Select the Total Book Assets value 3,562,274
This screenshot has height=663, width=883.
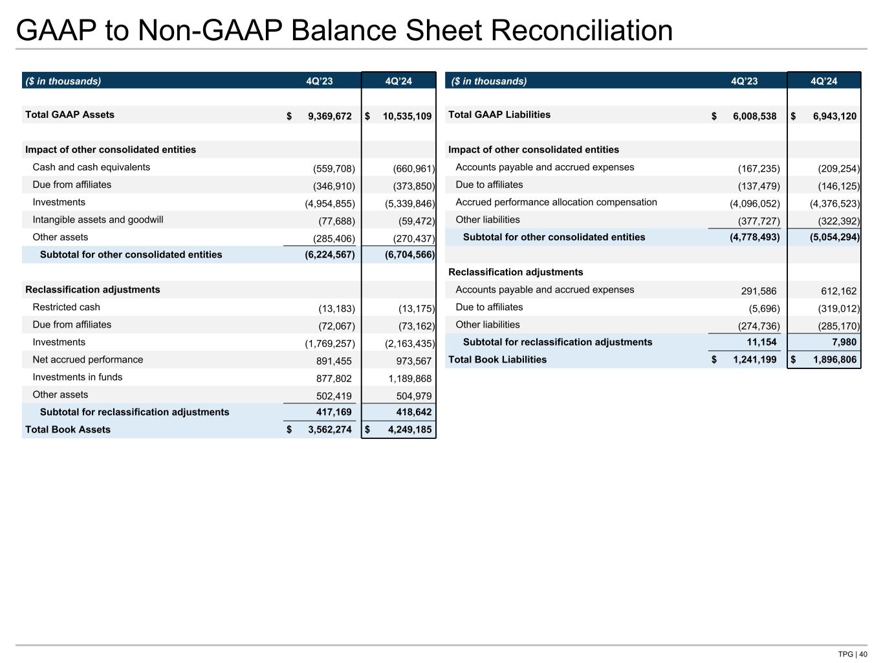coord(329,430)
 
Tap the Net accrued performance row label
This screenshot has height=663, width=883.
coord(88,360)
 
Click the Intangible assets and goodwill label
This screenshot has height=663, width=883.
coord(98,220)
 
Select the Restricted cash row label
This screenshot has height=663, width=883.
coord(66,308)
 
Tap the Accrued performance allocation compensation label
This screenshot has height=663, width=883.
coord(556,203)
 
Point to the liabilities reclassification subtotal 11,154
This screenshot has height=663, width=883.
coord(758,343)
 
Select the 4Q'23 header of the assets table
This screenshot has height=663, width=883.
coord(320,82)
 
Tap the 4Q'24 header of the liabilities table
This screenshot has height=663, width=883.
coord(823,82)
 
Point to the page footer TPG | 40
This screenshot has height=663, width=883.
coord(852,654)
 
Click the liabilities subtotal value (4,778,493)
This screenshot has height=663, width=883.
coord(755,238)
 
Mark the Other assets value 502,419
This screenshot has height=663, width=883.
coord(334,396)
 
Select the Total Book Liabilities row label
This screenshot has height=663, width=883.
coord(497,360)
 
